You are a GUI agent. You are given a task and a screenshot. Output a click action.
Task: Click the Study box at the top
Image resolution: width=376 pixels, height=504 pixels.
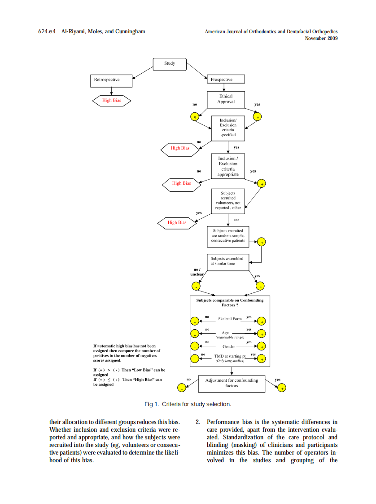click(x=169, y=64)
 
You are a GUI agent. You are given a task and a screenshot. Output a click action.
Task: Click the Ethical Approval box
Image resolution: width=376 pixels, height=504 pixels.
click(x=226, y=99)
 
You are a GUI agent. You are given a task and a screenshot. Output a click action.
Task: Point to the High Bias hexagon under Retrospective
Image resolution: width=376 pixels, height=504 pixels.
click(x=111, y=101)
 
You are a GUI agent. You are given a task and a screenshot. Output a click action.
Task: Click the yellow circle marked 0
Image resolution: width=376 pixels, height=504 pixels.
click(x=194, y=117)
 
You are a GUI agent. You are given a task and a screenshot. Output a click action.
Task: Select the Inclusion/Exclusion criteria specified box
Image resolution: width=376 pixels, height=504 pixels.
click(x=228, y=128)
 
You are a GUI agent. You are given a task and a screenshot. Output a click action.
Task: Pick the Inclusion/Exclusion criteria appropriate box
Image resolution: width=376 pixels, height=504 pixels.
click(x=228, y=166)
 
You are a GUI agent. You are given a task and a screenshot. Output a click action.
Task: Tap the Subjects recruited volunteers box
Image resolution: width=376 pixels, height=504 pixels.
click(x=228, y=200)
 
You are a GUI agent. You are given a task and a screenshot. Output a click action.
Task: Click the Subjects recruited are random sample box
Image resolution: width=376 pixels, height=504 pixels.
click(x=228, y=236)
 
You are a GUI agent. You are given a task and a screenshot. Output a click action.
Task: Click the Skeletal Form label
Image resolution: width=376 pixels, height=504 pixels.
click(x=229, y=319)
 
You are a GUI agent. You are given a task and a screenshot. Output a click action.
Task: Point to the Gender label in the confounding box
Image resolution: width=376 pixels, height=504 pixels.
click(x=229, y=346)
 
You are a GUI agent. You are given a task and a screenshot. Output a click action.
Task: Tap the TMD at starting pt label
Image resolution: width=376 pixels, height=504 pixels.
click(x=230, y=358)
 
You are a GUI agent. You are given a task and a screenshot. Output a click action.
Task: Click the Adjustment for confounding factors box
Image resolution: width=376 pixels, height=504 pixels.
click(x=232, y=383)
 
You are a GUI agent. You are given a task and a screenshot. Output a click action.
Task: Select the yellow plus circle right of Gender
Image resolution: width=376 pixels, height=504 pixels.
click(x=262, y=346)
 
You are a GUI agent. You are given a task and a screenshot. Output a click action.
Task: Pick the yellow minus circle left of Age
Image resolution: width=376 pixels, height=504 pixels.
click(x=195, y=334)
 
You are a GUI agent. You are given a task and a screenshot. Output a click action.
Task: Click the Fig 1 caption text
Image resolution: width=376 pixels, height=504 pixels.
click(x=188, y=404)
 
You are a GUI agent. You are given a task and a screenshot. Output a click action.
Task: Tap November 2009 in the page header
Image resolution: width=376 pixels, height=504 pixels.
click(x=321, y=38)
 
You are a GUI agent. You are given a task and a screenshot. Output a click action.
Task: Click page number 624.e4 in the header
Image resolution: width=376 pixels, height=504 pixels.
click(x=47, y=31)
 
